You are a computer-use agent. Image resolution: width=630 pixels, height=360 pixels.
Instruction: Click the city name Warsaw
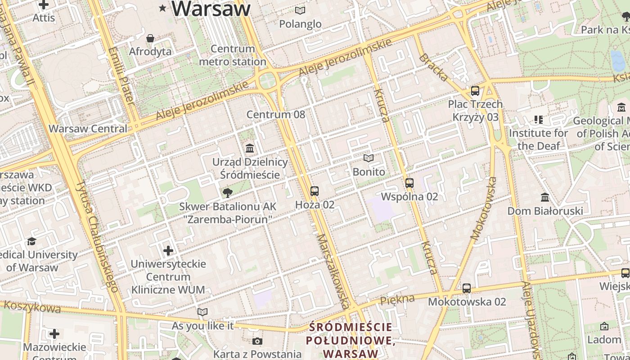(x=211, y=9)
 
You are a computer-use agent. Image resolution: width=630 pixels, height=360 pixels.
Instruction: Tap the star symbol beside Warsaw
(x=162, y=8)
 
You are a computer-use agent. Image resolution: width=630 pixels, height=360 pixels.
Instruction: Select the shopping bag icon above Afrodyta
(x=150, y=38)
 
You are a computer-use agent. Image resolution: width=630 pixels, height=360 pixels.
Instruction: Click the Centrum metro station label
(x=233, y=55)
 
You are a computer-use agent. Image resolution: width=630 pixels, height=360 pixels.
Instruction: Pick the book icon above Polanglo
(x=300, y=10)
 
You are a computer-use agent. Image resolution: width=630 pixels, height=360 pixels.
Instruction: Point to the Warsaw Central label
(x=88, y=129)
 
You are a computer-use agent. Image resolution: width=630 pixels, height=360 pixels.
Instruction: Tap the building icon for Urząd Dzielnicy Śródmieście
(x=250, y=148)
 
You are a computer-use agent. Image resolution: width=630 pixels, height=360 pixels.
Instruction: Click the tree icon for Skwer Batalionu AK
(x=228, y=193)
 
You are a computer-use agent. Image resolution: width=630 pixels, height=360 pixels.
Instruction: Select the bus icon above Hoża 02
(x=315, y=191)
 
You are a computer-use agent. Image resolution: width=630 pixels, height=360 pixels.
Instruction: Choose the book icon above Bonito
(x=369, y=158)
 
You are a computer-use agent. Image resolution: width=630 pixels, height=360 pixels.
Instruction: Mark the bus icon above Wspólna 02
(x=409, y=183)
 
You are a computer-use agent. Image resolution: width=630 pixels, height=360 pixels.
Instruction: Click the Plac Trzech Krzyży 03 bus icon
(x=475, y=91)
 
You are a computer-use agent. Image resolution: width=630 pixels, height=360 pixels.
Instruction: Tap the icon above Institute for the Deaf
(x=538, y=120)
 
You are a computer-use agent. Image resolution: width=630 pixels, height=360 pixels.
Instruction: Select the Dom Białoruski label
(x=545, y=211)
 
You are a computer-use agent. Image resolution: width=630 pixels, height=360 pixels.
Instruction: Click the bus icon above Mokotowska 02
(x=467, y=288)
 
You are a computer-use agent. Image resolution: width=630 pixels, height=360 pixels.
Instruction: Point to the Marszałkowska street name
(x=333, y=271)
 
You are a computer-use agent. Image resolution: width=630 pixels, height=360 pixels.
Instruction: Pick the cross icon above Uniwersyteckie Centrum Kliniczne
(x=168, y=250)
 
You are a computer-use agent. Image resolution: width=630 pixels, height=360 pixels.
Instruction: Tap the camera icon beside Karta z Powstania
(x=257, y=341)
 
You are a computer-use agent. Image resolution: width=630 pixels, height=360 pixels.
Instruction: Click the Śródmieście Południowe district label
(x=351, y=340)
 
